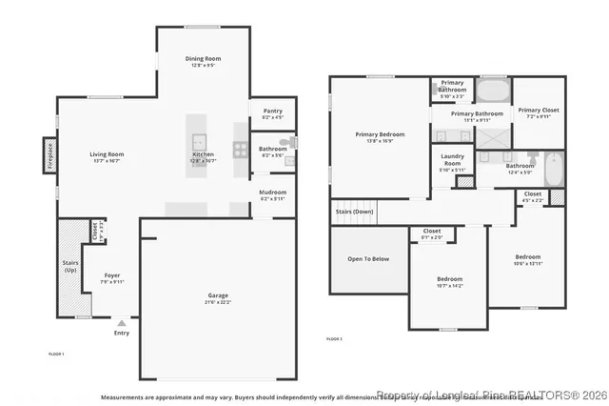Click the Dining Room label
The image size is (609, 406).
(202, 59)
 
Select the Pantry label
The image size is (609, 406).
(272, 111)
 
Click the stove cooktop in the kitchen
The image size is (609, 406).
(240, 149)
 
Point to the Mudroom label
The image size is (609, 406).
(272, 192)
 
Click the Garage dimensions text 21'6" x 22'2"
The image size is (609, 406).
(219, 302)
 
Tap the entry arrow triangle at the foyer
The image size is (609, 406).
(121, 324)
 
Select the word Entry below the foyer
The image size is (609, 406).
(121, 333)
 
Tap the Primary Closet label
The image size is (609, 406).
(539, 110)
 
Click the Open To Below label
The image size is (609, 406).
(368, 258)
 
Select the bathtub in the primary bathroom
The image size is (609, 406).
(492, 92)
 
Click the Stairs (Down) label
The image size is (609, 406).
(353, 212)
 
